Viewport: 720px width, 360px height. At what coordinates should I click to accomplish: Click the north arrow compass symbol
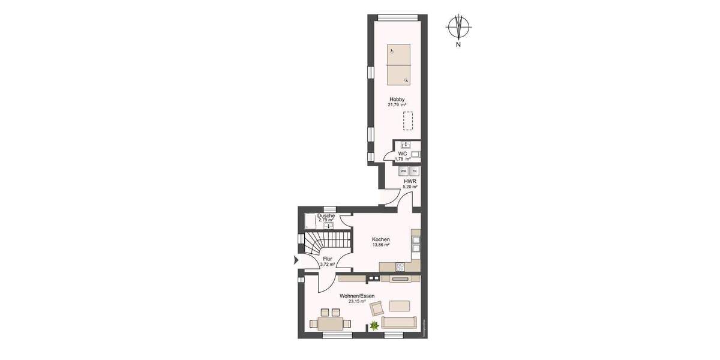pos(458,27)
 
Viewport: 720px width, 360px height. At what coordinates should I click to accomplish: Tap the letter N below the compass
pos(458,44)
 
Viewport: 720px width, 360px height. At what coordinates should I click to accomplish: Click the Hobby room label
pos(397,99)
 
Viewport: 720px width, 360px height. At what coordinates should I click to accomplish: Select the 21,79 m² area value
pos(397,105)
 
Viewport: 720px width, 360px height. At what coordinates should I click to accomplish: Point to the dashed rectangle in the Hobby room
pos(408,121)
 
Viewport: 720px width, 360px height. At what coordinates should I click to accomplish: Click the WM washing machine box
pos(403,171)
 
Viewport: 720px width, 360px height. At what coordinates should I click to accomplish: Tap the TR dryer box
pos(414,171)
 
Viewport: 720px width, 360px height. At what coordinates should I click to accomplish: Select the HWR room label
pos(410,181)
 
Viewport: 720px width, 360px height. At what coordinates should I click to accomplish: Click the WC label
pos(403,154)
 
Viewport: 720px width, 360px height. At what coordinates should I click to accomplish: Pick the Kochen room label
pos(381,239)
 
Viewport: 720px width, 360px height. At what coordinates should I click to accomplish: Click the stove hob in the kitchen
pos(400,267)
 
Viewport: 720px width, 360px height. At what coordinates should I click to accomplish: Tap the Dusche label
pos(326,215)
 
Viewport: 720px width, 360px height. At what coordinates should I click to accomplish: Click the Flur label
pos(327,259)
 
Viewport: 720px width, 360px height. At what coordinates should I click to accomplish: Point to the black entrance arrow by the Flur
pos(295,260)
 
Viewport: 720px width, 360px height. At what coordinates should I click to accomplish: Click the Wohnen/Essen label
pos(356,296)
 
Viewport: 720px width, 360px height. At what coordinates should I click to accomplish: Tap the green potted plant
pos(374,326)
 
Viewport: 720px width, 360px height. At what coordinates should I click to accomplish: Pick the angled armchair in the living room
pos(377,309)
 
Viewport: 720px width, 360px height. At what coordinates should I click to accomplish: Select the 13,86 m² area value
pos(381,245)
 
